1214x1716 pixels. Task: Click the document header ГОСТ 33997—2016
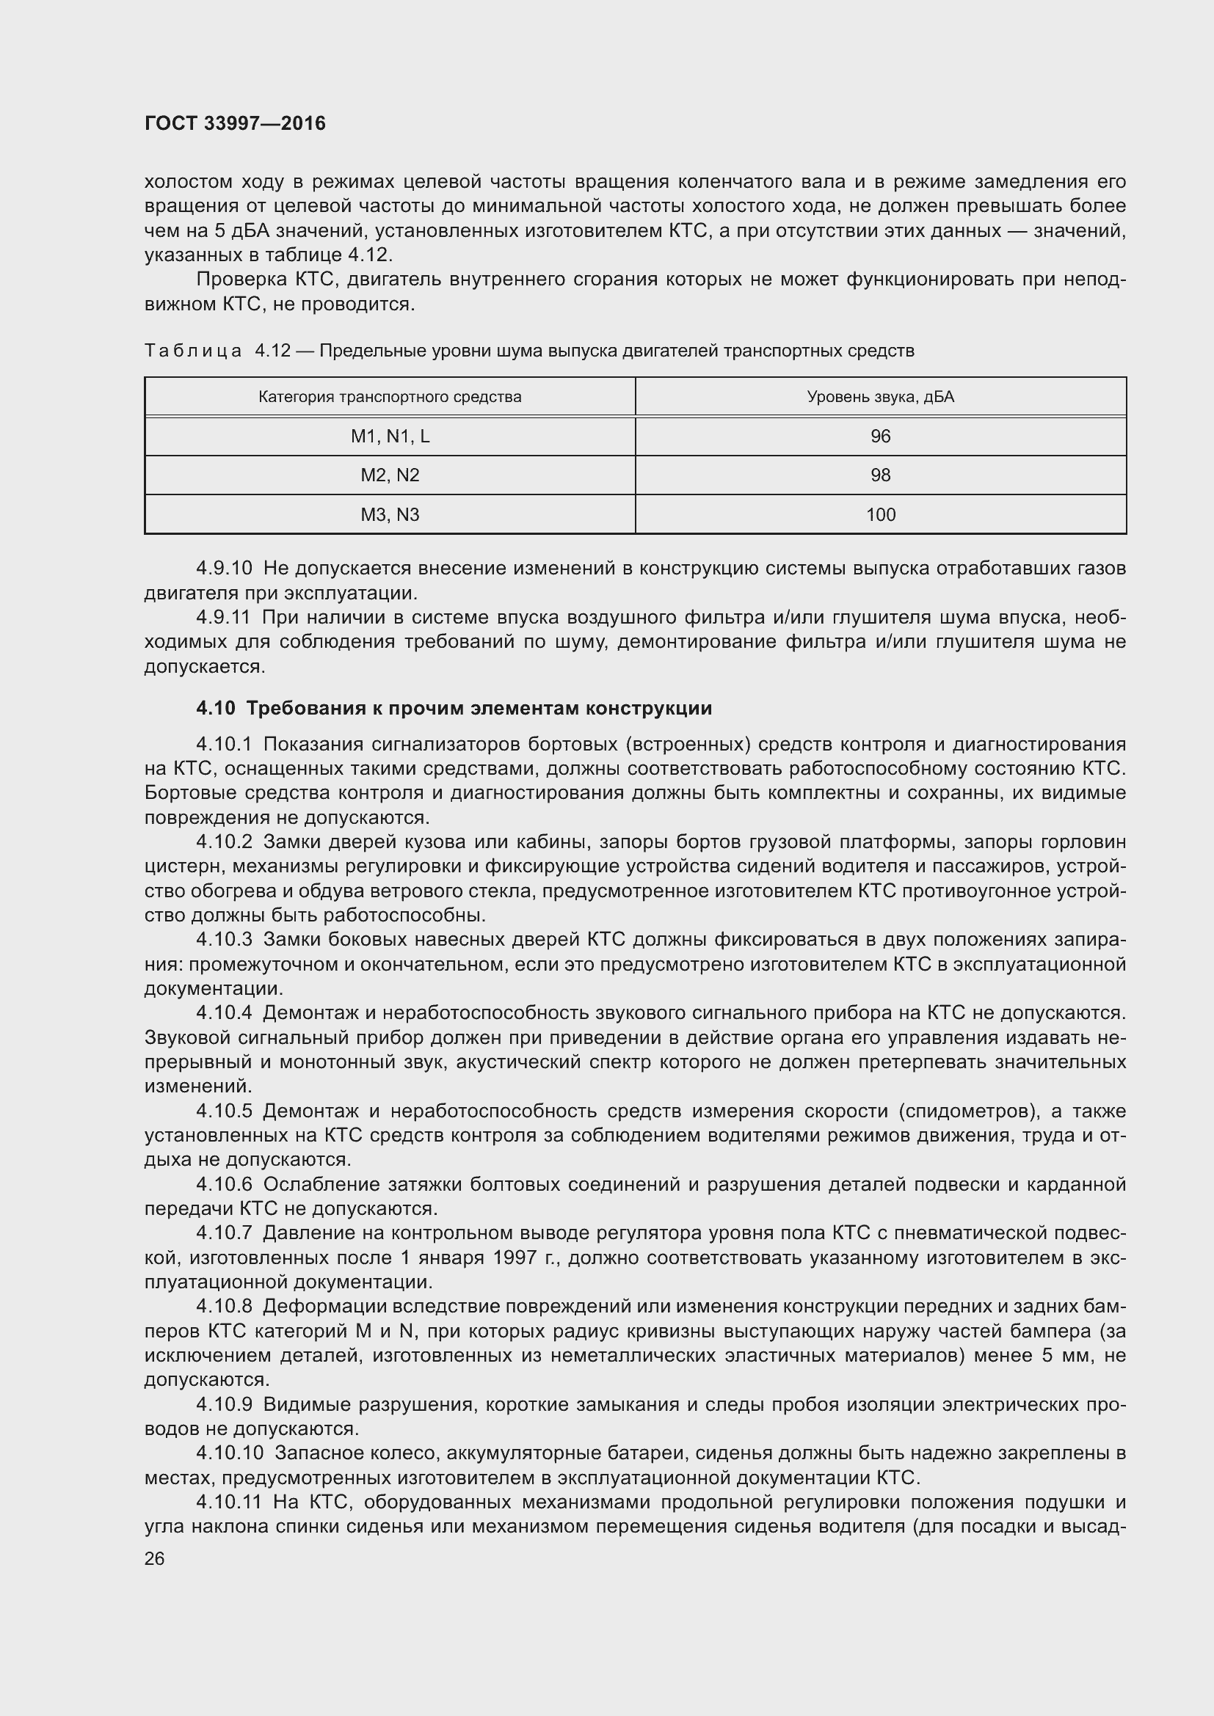click(235, 123)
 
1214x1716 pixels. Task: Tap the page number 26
click(155, 1558)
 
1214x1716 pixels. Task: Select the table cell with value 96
click(880, 437)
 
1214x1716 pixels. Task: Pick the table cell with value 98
click(880, 475)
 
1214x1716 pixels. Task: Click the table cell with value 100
click(880, 514)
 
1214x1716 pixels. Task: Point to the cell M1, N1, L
click(390, 437)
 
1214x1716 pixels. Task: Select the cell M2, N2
click(390, 475)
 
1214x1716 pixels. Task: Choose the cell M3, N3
click(390, 514)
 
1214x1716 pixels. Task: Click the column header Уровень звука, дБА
click(880, 397)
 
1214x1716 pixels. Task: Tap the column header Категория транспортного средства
click(390, 397)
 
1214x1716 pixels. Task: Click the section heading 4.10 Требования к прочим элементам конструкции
click(454, 708)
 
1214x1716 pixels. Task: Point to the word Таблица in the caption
click(193, 351)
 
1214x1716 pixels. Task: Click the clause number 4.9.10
click(225, 568)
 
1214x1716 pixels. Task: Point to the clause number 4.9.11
click(225, 617)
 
